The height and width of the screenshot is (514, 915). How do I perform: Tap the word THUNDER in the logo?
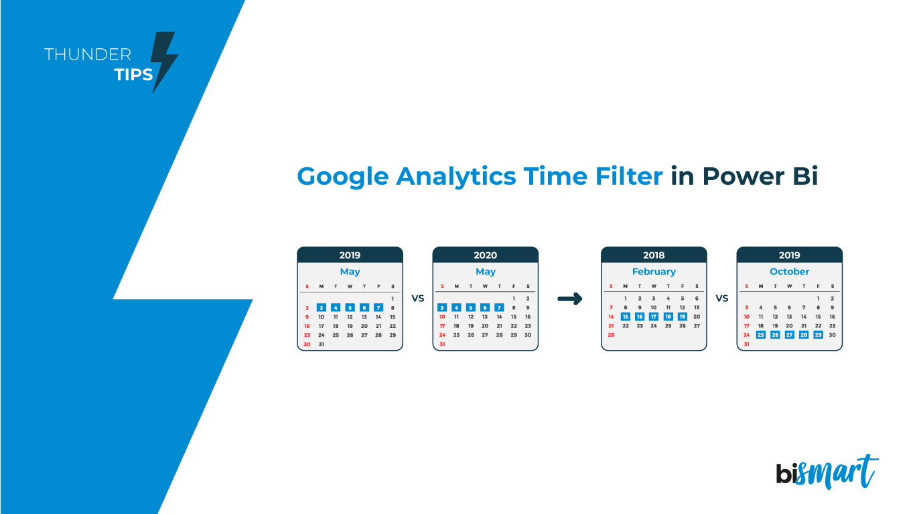(x=88, y=55)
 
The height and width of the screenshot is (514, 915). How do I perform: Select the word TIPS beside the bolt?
(x=134, y=74)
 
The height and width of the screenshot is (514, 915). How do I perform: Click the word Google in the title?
(x=342, y=177)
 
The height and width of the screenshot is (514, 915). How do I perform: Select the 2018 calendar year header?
(x=654, y=255)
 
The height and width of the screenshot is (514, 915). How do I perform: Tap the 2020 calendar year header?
(x=486, y=255)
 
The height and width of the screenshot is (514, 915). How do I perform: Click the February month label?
(x=654, y=272)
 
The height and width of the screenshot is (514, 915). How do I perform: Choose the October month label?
(x=789, y=272)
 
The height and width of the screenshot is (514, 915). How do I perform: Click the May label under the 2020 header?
(x=486, y=272)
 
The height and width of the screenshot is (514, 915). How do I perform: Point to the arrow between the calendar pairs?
(x=569, y=299)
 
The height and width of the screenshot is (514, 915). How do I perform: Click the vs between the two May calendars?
(x=418, y=298)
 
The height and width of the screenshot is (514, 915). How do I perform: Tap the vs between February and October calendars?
(x=721, y=298)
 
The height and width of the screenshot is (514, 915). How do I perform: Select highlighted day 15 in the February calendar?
(x=626, y=317)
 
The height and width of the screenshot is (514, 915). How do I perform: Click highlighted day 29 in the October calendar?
(x=818, y=335)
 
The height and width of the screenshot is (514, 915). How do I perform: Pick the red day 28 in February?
(x=611, y=335)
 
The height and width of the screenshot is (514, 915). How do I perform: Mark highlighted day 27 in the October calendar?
(x=789, y=335)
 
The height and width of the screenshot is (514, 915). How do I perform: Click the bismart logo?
(x=827, y=472)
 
